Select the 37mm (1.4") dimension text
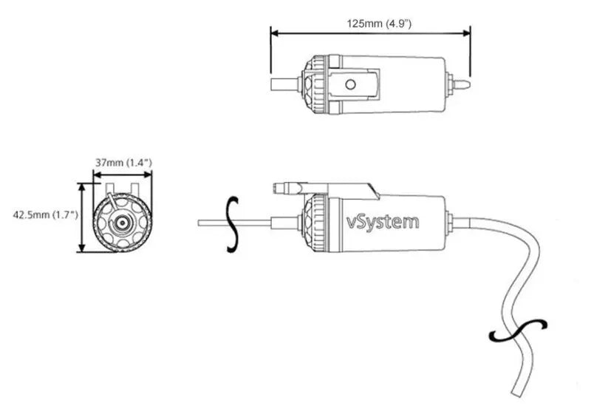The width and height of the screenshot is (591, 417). click(123, 162)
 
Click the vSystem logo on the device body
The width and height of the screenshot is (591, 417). click(383, 221)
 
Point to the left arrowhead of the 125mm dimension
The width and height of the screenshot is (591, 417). click(274, 32)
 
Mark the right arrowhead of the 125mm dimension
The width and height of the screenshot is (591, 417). click(467, 32)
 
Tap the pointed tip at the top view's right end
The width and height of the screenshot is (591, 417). click(466, 83)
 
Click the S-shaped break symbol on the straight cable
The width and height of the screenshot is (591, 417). click(233, 225)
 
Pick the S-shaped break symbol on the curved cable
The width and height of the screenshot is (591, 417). click(518, 331)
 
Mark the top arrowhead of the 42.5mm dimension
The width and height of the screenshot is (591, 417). click(82, 186)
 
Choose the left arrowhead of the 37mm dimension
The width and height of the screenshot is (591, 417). click(95, 175)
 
